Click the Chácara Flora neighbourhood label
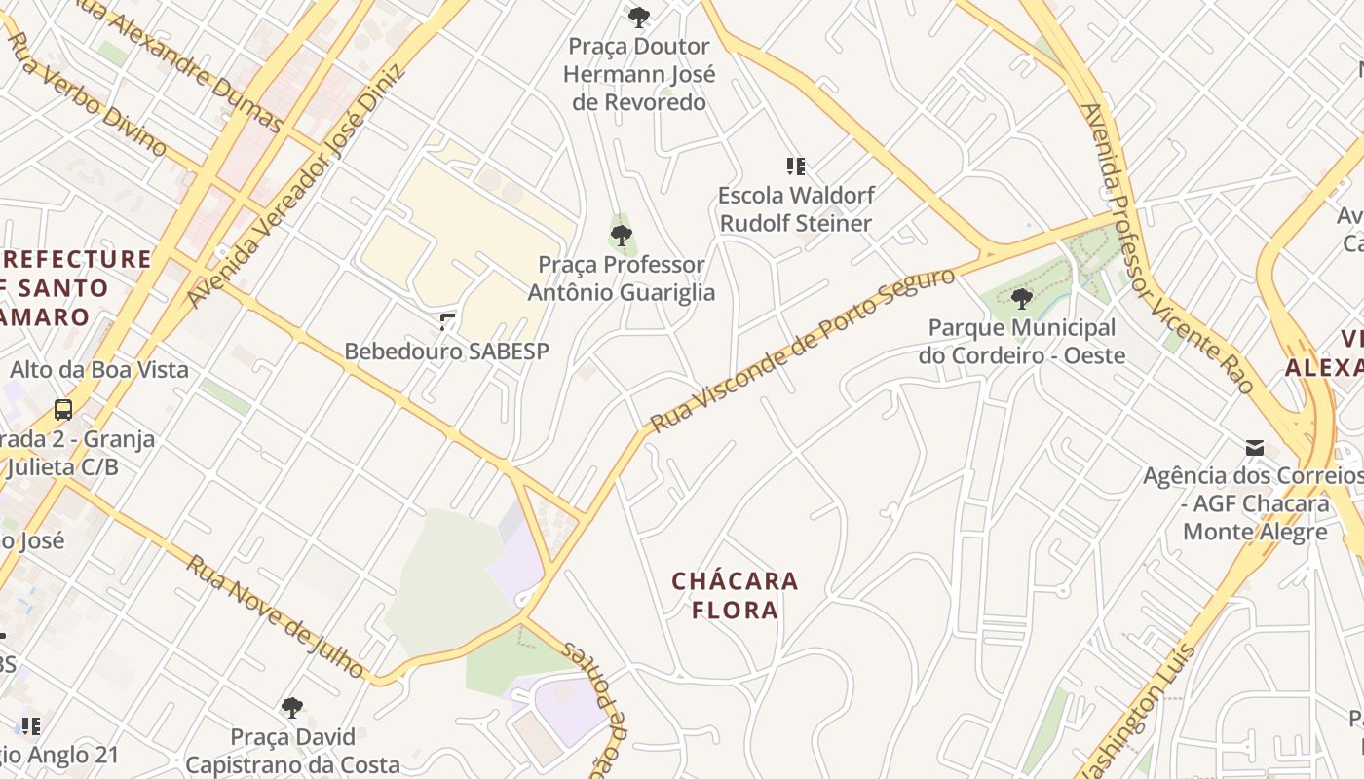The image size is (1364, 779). (x=735, y=596)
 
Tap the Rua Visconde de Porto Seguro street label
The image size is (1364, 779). (x=803, y=351)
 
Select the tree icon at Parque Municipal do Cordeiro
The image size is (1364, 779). (x=1021, y=298)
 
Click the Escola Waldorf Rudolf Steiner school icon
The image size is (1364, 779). (x=796, y=167)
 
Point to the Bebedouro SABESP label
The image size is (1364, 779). (x=447, y=352)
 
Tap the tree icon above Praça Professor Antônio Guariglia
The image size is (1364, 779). (x=621, y=235)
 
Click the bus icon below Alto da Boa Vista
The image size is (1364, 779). (x=63, y=410)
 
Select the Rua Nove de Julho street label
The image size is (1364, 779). (x=276, y=617)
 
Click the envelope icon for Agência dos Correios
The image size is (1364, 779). (x=1255, y=448)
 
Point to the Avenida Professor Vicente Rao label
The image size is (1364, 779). (x=1165, y=247)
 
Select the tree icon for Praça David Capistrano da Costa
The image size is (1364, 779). (x=291, y=707)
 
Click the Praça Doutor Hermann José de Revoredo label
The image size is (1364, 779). (x=639, y=74)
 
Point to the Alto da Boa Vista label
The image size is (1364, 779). (x=98, y=370)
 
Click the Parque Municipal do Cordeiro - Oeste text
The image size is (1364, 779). (x=1021, y=342)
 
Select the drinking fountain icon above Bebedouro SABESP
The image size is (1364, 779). (x=447, y=321)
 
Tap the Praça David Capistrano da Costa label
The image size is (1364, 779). (x=292, y=751)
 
